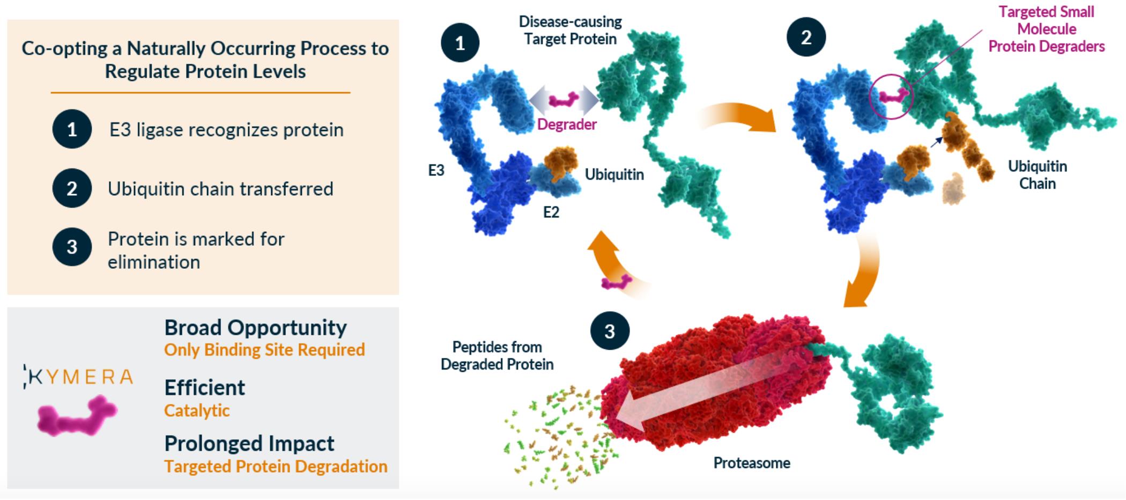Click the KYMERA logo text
pyautogui.click(x=79, y=377)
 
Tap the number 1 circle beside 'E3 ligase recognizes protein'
pyautogui.click(x=72, y=129)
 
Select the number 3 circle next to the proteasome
pyautogui.click(x=610, y=332)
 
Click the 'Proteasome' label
pyautogui.click(x=751, y=463)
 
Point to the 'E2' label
pyautogui.click(x=551, y=212)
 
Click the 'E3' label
pyautogui.click(x=436, y=171)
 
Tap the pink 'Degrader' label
pyautogui.click(x=567, y=124)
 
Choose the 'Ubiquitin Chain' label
pyautogui.click(x=1037, y=175)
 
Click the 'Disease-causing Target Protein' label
pyautogui.click(x=570, y=31)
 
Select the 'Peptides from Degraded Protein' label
pyautogui.click(x=497, y=356)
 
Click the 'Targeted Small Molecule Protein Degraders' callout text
pyautogui.click(x=1046, y=29)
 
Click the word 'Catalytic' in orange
pyautogui.click(x=197, y=410)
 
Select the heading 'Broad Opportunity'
pyautogui.click(x=255, y=328)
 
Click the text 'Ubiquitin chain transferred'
pyautogui.click(x=220, y=189)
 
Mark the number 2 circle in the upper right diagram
pyautogui.click(x=806, y=38)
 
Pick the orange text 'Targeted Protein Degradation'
pyautogui.click(x=276, y=466)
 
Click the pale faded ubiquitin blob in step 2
pyautogui.click(x=953, y=188)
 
